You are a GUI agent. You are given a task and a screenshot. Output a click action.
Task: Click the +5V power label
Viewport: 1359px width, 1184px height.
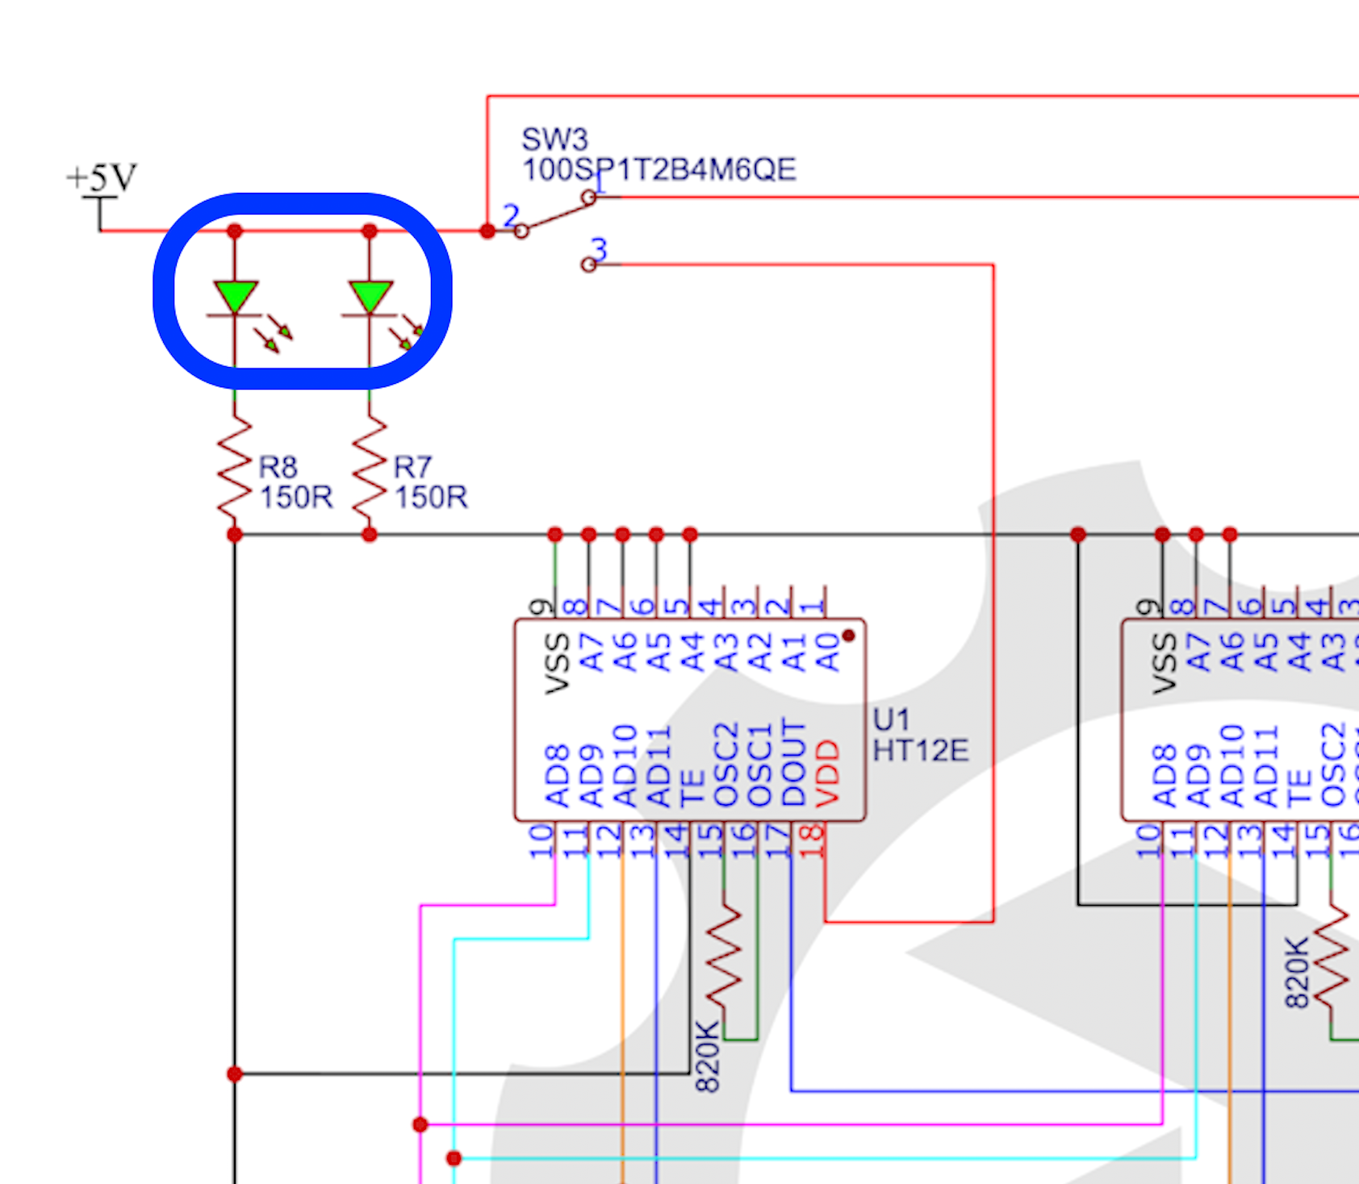102,177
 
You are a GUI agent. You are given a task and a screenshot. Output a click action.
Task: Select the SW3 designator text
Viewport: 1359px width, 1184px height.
554,140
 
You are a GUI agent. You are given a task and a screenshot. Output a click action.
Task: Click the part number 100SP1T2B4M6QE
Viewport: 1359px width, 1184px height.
659,170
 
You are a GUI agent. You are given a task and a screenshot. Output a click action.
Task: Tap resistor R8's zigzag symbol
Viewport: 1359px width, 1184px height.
235,469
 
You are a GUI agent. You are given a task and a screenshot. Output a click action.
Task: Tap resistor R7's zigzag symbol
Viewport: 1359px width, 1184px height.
370,469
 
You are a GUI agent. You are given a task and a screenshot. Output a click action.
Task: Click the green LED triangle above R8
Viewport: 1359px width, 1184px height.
236,296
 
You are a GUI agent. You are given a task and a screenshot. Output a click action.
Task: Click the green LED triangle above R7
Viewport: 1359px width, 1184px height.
370,296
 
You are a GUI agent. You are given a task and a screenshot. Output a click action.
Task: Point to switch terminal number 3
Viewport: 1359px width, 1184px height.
599,248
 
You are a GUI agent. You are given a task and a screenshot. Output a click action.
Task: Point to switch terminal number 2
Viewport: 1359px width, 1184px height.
511,215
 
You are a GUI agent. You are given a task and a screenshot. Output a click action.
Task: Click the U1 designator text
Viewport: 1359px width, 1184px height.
891,719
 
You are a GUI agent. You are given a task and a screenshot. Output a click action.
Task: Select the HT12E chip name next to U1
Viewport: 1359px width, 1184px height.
921,751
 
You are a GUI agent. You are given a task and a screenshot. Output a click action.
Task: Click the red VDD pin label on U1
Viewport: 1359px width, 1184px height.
828,773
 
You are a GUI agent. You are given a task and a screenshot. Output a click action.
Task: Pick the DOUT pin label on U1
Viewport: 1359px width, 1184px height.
794,763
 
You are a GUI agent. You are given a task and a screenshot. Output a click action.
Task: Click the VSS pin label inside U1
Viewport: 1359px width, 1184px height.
557,663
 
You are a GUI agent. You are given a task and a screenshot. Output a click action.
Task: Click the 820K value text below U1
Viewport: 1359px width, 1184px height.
707,1056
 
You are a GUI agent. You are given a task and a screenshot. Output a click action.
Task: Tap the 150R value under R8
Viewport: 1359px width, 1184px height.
295,497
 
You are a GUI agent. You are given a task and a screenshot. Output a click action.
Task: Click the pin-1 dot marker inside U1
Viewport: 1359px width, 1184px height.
848,636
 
